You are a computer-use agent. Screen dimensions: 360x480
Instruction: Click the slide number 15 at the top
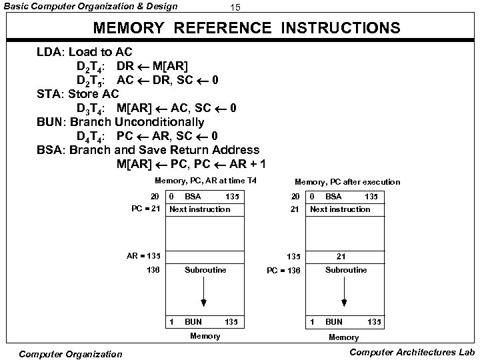pyautogui.click(x=234, y=7)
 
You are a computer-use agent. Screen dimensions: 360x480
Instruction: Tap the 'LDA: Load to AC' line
pyautogui.click(x=84, y=52)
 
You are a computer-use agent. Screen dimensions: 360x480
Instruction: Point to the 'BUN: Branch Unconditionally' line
pyautogui.click(x=120, y=122)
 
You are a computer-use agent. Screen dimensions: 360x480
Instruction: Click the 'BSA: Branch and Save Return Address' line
pyautogui.click(x=147, y=150)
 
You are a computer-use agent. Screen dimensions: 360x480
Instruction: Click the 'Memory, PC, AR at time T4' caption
pyautogui.click(x=205, y=181)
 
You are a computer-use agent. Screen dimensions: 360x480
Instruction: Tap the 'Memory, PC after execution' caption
pyautogui.click(x=347, y=181)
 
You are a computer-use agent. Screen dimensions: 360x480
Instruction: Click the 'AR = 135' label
pyautogui.click(x=144, y=255)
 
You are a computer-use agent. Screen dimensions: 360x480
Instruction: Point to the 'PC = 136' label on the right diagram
pyautogui.click(x=283, y=271)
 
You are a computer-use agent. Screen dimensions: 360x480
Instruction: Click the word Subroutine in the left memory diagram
pyautogui.click(x=205, y=270)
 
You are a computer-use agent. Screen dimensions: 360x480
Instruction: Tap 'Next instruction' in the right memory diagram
pyautogui.click(x=340, y=209)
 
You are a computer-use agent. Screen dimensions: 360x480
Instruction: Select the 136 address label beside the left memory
pyautogui.click(x=154, y=270)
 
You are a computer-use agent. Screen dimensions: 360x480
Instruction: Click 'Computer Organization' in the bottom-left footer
pyautogui.click(x=71, y=353)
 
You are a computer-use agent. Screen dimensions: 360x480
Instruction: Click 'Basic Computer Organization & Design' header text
pyautogui.click(x=90, y=7)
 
